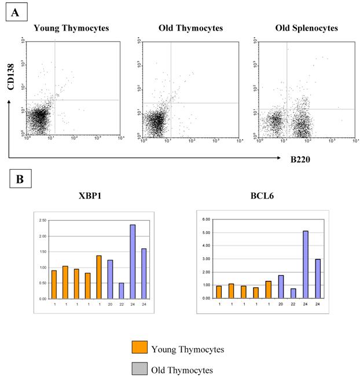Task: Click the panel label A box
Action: (14, 12)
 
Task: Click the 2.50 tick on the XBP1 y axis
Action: (42, 221)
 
